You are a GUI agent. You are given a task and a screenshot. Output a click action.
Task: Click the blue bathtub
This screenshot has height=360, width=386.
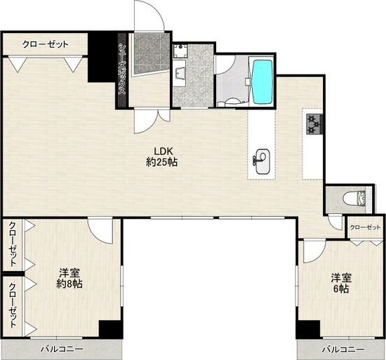click(262, 82)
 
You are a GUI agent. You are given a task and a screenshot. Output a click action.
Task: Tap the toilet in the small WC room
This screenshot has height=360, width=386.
click(354, 199)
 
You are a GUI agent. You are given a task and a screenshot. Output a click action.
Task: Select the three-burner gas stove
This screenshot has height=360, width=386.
click(314, 124)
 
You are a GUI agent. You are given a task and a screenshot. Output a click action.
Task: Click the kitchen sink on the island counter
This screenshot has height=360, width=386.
click(262, 161)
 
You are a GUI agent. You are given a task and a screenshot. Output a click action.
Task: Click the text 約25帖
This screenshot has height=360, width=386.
click(161, 162)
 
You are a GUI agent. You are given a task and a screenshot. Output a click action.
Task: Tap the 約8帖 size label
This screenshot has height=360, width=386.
click(69, 284)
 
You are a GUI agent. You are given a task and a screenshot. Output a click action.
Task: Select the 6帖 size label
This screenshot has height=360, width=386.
click(341, 288)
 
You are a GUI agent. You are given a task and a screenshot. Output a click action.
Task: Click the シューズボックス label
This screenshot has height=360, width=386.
click(122, 69)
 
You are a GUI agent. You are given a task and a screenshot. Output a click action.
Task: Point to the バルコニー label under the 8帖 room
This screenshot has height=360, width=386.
click(62, 349)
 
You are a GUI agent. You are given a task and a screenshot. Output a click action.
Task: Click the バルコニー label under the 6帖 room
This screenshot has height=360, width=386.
click(343, 349)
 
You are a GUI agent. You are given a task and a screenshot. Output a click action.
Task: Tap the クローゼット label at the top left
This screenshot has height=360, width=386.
click(46, 44)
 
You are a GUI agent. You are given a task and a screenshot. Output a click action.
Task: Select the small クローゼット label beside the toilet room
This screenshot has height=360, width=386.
click(365, 227)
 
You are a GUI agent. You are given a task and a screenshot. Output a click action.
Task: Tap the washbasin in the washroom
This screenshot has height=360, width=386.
click(180, 73)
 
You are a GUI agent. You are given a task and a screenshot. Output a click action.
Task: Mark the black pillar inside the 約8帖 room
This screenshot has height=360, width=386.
click(110, 329)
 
